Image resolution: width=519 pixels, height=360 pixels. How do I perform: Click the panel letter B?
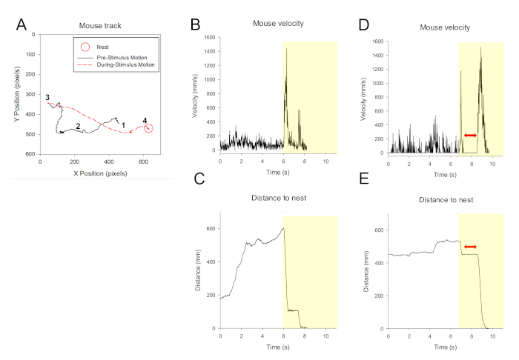(196, 24)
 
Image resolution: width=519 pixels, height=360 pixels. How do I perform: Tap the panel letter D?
(363, 24)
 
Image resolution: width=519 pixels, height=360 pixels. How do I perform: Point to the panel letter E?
(364, 178)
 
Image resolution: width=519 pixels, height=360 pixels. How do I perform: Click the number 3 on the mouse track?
(47, 97)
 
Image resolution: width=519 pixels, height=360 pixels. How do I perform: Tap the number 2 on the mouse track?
(78, 126)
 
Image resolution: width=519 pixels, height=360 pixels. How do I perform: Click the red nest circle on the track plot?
(148, 129)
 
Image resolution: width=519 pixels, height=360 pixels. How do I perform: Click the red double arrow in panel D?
(469, 136)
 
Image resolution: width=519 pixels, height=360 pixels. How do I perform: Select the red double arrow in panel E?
(469, 246)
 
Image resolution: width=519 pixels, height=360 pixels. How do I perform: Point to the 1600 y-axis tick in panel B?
(209, 37)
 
